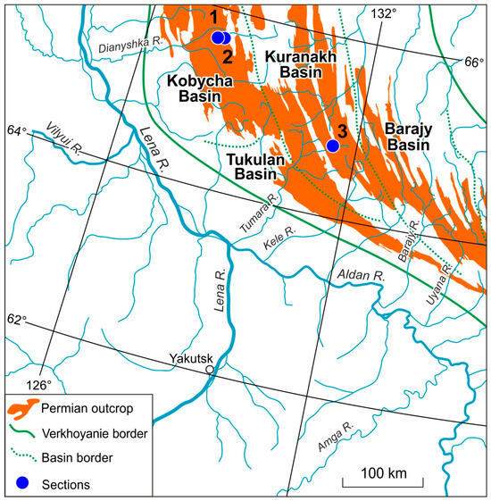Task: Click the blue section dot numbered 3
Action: point(332,146)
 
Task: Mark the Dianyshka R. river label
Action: point(124,54)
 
